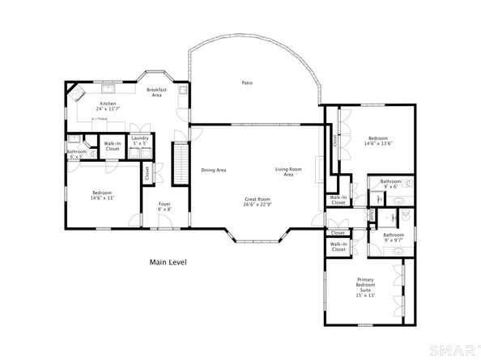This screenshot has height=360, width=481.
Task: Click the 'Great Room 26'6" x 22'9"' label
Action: click(x=258, y=201)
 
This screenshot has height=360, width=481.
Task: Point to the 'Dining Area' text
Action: click(x=213, y=170)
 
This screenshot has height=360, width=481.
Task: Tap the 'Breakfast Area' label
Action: click(x=157, y=92)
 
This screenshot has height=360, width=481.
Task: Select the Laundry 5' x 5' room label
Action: click(x=140, y=141)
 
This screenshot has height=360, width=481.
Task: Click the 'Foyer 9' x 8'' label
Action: click(x=164, y=206)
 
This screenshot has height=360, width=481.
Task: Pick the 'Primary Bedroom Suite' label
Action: click(x=365, y=287)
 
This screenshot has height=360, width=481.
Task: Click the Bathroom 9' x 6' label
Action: click(x=391, y=184)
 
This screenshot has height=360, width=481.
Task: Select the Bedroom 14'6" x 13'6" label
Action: click(x=377, y=141)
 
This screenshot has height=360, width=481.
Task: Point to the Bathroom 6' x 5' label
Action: click(x=77, y=154)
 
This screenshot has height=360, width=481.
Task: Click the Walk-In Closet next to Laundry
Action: click(x=112, y=146)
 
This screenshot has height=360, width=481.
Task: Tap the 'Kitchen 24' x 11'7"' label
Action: click(x=109, y=106)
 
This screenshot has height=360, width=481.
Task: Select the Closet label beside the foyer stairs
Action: click(x=147, y=172)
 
